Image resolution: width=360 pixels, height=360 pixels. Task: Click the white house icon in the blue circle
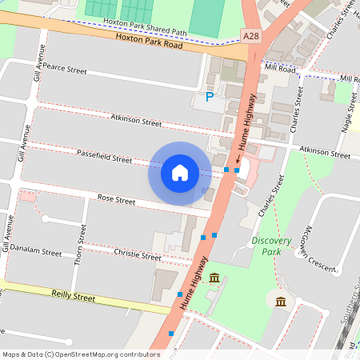point(180,173)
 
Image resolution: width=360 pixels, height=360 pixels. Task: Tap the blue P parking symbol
point(210,98)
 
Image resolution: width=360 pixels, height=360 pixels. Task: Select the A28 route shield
point(251,36)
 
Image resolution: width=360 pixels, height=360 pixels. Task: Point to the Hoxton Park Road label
point(149,42)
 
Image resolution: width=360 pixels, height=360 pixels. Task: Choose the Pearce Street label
point(64,70)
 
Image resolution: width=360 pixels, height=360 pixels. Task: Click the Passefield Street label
point(104,156)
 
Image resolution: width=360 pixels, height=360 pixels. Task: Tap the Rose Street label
point(116,197)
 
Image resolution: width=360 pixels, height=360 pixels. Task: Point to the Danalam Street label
point(35,252)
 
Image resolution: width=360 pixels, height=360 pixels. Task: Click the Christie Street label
point(138,256)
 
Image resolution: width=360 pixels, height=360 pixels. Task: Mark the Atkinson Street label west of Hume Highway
point(137,121)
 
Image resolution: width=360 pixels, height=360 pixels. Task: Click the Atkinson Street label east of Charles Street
point(325,151)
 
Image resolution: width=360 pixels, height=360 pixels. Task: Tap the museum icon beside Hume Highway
point(215,278)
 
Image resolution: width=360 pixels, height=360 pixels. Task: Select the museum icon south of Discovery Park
point(281,301)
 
